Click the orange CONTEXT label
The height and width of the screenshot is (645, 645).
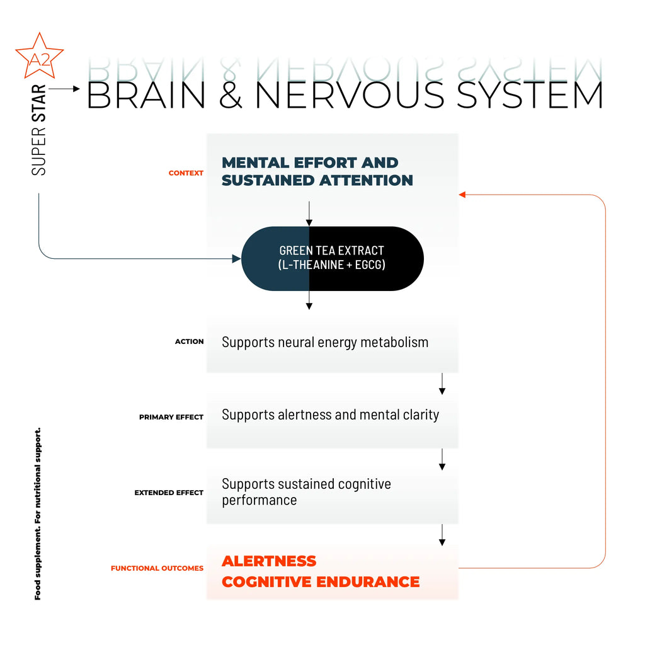tap(186, 173)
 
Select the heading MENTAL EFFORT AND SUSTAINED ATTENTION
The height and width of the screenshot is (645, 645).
tap(317, 171)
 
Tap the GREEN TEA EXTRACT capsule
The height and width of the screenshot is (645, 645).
tap(332, 258)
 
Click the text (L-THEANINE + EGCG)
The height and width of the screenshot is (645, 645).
tap(331, 265)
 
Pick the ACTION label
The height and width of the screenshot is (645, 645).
tap(190, 341)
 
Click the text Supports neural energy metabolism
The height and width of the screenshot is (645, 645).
tap(325, 343)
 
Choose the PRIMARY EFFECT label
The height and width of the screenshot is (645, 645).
tap(171, 417)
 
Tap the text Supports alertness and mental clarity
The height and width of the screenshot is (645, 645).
tap(330, 415)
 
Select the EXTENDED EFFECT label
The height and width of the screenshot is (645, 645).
tap(169, 493)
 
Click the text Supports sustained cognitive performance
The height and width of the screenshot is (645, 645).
tap(306, 492)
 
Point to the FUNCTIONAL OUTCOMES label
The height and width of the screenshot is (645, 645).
tap(157, 568)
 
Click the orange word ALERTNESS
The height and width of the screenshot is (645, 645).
tap(269, 561)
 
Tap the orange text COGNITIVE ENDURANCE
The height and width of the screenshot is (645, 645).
tap(321, 581)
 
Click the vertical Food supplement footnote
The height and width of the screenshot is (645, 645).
tap(38, 513)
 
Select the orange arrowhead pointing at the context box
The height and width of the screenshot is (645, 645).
tap(462, 195)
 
